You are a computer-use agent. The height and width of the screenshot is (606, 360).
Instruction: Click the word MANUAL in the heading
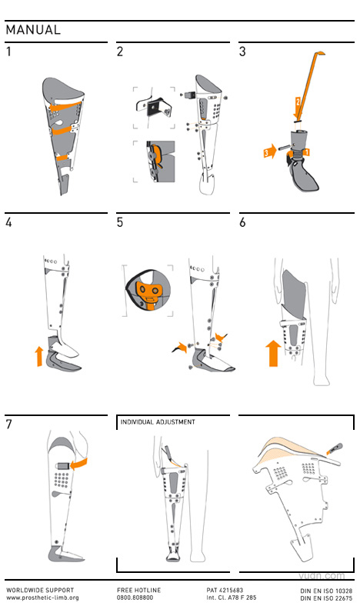[x=33, y=30]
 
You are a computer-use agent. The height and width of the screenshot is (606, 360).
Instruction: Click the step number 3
[x=242, y=52]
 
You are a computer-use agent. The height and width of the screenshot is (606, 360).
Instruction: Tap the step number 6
[x=242, y=222]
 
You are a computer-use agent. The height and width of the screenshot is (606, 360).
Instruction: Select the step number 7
[x=9, y=425]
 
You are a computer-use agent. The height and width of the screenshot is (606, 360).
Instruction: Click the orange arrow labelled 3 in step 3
[x=270, y=151]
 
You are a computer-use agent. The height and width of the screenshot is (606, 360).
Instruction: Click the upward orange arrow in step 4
[x=39, y=356]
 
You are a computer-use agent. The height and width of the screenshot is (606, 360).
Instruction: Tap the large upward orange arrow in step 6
[x=274, y=353]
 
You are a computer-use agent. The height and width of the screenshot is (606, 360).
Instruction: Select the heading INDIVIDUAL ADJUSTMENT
[x=158, y=422]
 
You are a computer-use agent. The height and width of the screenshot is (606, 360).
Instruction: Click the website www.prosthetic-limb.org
[x=42, y=598]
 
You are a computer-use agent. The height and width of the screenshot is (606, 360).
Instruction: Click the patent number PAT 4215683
[x=225, y=590]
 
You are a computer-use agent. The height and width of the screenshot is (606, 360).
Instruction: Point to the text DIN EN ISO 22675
[x=326, y=598]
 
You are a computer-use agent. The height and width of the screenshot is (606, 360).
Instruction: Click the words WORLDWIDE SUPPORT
[x=40, y=590]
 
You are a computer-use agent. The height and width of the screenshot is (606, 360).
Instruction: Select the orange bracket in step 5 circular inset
[x=148, y=291]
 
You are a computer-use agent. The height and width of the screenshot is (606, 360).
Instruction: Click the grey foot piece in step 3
[x=304, y=177]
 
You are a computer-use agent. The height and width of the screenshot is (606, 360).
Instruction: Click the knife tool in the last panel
[x=335, y=448]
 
